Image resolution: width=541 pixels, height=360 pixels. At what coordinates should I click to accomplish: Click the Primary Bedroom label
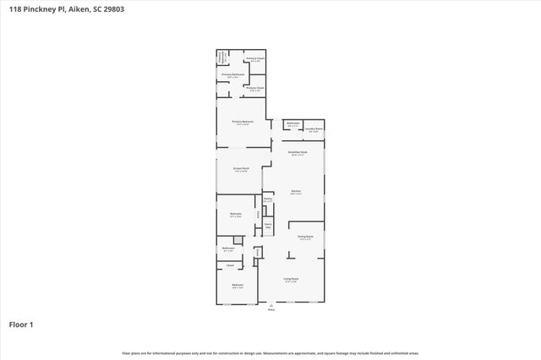coord(243,122)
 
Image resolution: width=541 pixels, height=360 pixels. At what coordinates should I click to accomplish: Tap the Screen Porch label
coord(240,168)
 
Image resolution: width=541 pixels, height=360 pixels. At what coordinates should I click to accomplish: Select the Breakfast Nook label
coord(298,153)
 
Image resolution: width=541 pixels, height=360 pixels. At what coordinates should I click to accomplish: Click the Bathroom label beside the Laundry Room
coord(292,124)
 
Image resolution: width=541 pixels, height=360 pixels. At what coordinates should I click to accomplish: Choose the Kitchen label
coord(297,192)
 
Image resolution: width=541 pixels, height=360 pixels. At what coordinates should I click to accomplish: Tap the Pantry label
coord(267,199)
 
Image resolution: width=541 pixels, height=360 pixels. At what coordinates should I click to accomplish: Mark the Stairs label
coord(267,226)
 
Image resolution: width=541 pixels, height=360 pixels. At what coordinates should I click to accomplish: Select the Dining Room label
coord(305,237)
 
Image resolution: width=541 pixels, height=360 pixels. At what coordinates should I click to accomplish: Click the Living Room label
coord(292,278)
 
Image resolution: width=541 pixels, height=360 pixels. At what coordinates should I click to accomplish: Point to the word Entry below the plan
coord(271,311)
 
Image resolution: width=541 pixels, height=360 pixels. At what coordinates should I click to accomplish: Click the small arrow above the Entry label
coord(271,305)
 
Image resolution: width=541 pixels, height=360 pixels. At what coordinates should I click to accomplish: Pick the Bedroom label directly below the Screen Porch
coord(236,214)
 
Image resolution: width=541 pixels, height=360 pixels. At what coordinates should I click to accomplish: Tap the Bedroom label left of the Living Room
coord(238,285)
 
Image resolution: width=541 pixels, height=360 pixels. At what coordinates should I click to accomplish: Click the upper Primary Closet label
coord(255,58)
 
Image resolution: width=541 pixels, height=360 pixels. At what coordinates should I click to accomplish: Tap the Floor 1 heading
coord(21,324)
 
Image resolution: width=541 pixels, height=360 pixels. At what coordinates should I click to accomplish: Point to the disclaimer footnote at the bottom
coord(270,353)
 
